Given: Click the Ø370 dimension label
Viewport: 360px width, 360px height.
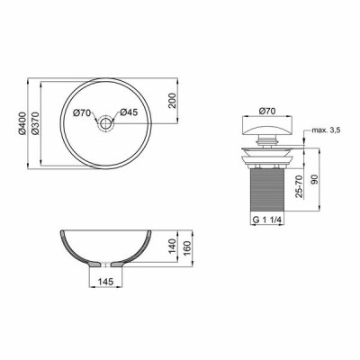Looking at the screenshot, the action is tap(35, 123).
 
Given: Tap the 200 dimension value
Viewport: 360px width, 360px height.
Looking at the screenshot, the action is tap(172, 101).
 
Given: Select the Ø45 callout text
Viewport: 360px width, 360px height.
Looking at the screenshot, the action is tap(129, 112).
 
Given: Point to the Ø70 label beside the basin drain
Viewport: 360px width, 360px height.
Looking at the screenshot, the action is tap(82, 112).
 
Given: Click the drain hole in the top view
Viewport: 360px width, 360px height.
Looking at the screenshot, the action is tap(105, 123).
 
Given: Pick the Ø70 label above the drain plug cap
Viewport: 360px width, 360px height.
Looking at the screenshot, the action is tap(266, 112).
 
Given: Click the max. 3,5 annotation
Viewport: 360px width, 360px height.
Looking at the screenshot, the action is tap(326, 130).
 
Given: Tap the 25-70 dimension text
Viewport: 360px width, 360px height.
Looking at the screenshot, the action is tap(299, 186).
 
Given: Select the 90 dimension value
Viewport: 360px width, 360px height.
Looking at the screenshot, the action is tap(314, 179).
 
